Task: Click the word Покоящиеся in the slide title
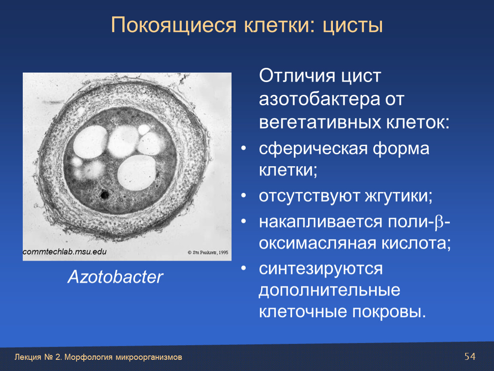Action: coord(174,25)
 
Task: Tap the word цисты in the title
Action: coord(353,26)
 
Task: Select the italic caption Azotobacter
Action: coord(115,277)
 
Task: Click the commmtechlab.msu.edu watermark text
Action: coord(64,252)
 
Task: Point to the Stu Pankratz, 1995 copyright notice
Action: coord(208,252)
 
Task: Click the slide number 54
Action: coord(470,356)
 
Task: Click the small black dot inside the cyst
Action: coord(104,195)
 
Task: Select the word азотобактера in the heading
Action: coord(320,99)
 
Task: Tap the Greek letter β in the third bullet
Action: coord(439,222)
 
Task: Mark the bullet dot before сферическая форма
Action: coord(243,148)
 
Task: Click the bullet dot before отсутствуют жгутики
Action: coord(243,195)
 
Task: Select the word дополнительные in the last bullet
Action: coord(329,290)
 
